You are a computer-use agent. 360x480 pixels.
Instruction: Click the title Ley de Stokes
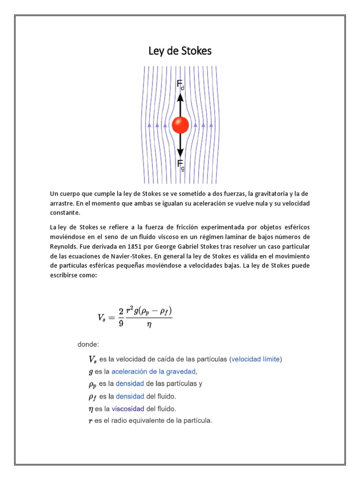pyautogui.click(x=180, y=51)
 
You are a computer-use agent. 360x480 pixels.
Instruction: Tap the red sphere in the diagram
pyautogui.click(x=180, y=125)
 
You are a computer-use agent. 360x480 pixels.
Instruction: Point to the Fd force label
pyautogui.click(x=180, y=85)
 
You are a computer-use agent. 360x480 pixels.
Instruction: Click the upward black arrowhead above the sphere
pyautogui.click(x=180, y=97)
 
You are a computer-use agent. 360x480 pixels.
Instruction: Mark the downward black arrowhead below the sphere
pyautogui.click(x=180, y=153)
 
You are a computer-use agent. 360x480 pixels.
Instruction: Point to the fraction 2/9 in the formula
pyautogui.click(x=120, y=317)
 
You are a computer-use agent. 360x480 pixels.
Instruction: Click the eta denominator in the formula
pyautogui.click(x=150, y=323)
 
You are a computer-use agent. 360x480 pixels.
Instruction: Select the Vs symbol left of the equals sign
pyautogui.click(x=102, y=317)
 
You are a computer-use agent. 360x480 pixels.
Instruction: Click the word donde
pyautogui.click(x=88, y=345)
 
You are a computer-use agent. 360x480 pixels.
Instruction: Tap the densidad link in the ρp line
pyautogui.click(x=130, y=384)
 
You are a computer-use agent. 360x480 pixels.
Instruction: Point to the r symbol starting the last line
pyautogui.click(x=90, y=421)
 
